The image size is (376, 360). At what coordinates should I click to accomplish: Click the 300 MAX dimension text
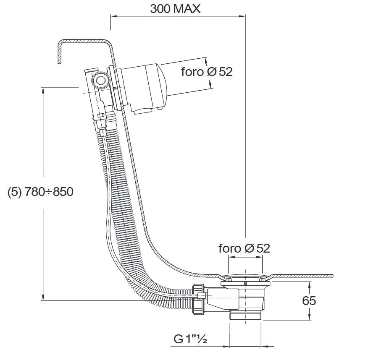point(175,9)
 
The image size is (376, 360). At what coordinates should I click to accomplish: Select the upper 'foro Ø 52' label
point(207,72)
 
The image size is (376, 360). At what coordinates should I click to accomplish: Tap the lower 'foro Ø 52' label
point(244,248)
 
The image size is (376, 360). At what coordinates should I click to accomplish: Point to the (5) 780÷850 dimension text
point(40,192)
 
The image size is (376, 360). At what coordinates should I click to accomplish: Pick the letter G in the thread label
point(178,339)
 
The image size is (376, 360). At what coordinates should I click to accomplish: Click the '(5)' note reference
point(15,192)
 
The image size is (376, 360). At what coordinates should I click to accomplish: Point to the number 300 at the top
point(160,9)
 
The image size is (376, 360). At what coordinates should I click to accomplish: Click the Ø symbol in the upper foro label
point(211,72)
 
